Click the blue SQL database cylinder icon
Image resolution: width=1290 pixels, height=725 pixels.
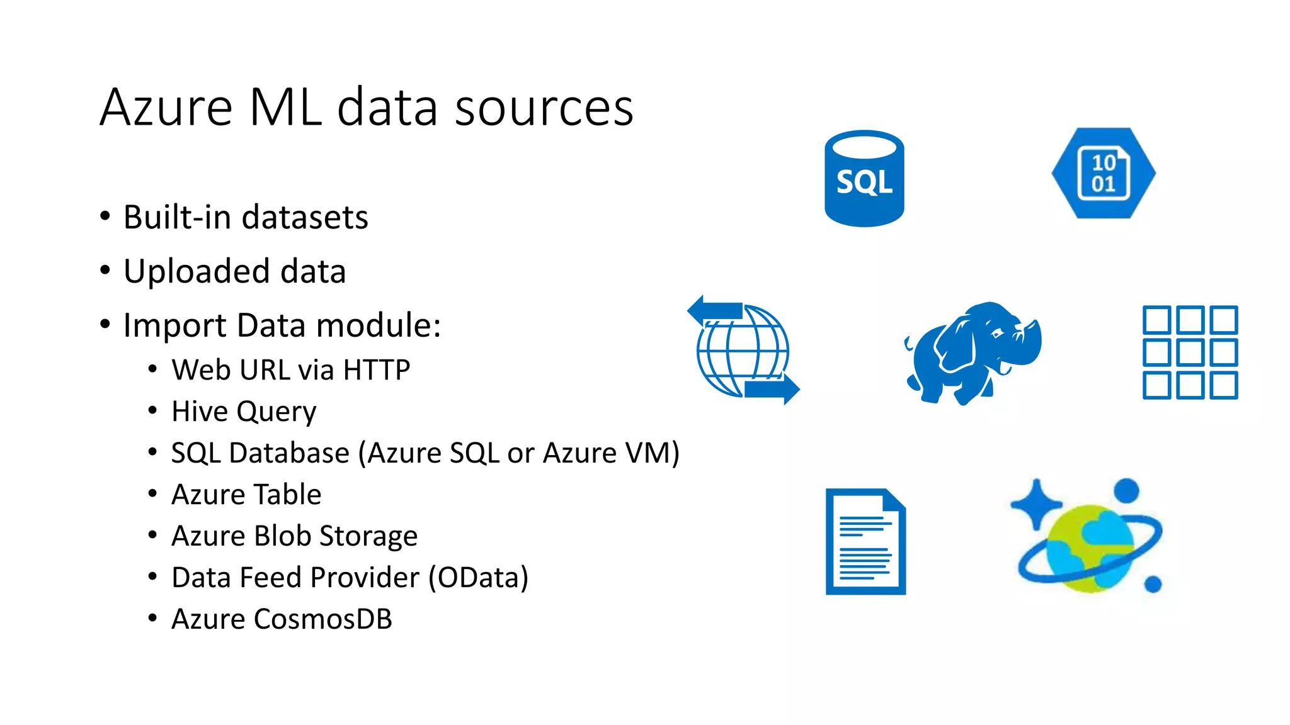864,179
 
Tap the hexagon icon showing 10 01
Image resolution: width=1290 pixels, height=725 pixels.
1104,173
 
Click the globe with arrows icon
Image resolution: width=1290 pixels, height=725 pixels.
743,350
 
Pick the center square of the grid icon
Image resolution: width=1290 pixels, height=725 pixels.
1190,352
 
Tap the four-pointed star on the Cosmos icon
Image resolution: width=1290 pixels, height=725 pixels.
1036,504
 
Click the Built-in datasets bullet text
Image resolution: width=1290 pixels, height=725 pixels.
246,217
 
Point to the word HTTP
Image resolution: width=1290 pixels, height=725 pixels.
376,369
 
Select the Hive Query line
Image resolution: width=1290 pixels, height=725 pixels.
244,412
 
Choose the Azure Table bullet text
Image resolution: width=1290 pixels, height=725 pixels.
246,495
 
